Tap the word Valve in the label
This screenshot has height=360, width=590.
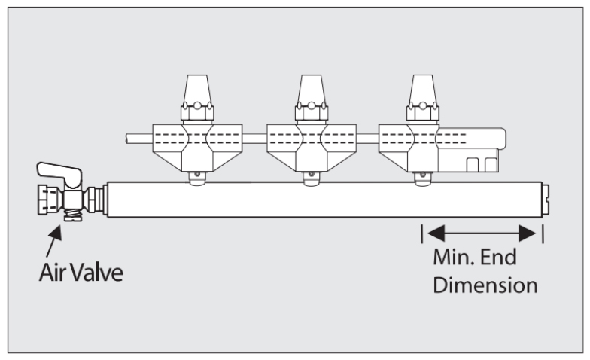pyautogui.click(x=96, y=272)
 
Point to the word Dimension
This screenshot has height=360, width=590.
pyautogui.click(x=485, y=285)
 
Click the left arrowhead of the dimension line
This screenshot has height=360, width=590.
pyautogui.click(x=436, y=232)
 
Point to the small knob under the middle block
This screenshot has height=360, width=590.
pyautogui.click(x=309, y=178)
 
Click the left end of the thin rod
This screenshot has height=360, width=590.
pyautogui.click(x=129, y=139)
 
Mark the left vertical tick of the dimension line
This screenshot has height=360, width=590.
pyautogui.click(x=423, y=232)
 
